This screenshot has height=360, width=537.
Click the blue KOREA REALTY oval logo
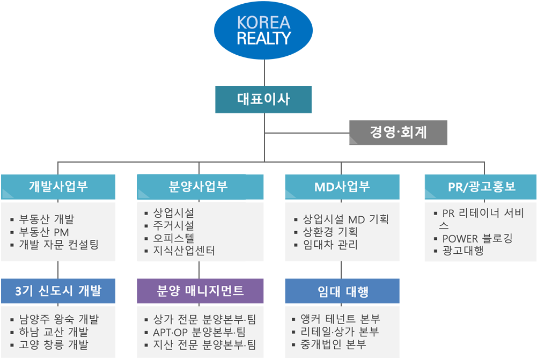pos(263,30)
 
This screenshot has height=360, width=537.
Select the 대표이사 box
pos(263,100)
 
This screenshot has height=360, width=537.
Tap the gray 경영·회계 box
pos(398,132)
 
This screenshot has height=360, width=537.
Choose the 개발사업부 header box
pos(58,187)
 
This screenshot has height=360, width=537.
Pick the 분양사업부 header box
pos(200,187)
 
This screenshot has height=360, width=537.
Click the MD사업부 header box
pos(342,187)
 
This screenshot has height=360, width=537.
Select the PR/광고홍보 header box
pos(480,187)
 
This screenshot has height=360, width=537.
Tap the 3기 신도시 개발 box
pos(58,291)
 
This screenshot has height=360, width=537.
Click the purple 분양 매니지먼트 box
pos(200,291)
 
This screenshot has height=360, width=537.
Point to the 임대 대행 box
pos(342,291)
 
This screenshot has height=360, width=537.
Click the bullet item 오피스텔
pos(174,238)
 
